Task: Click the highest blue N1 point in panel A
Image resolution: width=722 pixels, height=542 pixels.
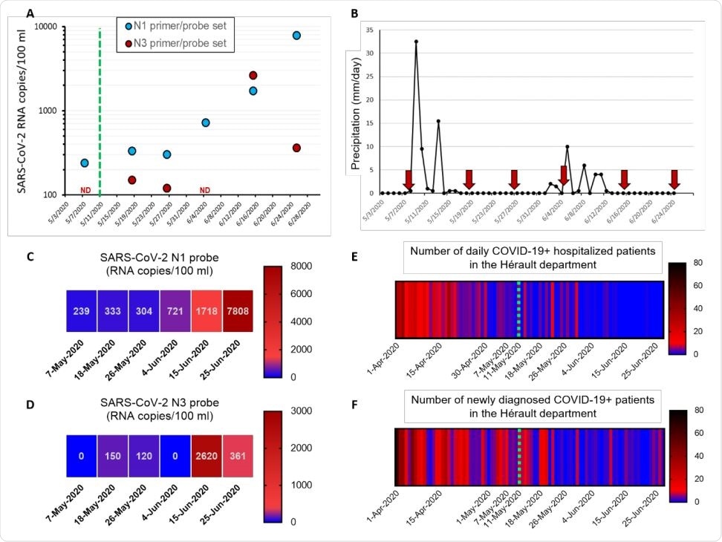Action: [x=296, y=36]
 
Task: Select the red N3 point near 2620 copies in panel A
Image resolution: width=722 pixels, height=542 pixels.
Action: [x=253, y=76]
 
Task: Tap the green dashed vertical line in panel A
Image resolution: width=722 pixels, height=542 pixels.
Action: [x=100, y=111]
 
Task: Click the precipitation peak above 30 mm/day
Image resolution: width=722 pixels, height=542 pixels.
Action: [x=416, y=42]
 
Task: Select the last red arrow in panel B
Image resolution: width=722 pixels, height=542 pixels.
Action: [x=674, y=180]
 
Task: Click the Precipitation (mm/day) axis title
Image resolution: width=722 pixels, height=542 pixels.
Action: [x=356, y=111]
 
